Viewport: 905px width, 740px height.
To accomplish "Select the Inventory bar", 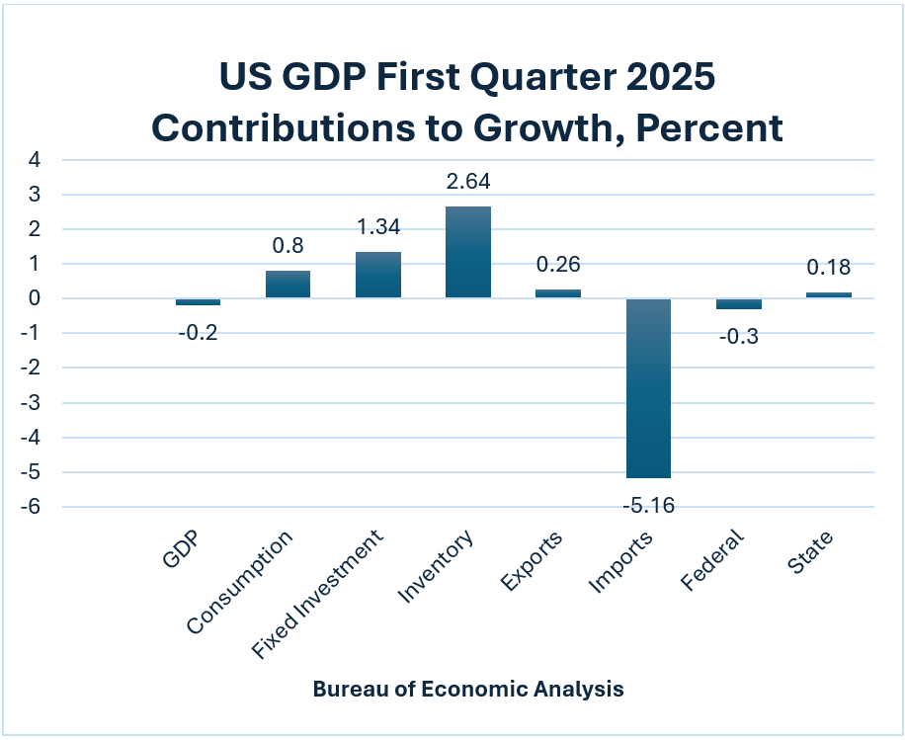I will coord(467,252).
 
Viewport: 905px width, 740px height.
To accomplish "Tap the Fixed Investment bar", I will coord(378,275).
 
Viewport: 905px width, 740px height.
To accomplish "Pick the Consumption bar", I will coord(288,285).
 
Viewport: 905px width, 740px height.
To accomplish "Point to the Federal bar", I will coord(738,303).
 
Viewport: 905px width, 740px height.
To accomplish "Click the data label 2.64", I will coord(467,182).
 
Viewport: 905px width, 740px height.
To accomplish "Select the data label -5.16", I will coord(647,506).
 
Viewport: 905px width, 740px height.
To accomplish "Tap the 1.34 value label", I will coord(378,228).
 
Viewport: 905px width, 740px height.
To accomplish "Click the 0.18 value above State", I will coord(828,268).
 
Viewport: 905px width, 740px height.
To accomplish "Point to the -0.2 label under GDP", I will coord(198,332).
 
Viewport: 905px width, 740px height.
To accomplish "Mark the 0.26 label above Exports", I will coord(558,265).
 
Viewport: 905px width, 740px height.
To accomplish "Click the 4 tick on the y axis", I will coord(36,160).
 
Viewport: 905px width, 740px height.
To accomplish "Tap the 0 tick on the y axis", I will coord(36,298).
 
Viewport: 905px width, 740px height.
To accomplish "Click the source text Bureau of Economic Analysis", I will coord(468,689).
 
